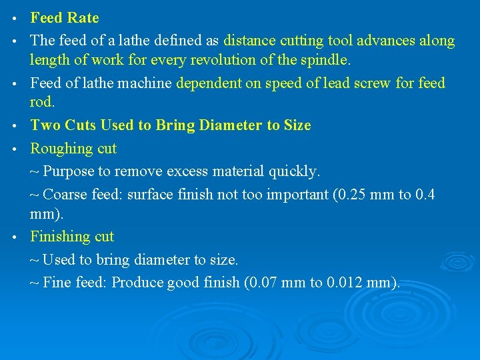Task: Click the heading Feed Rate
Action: point(65,18)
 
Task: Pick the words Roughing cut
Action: point(73,148)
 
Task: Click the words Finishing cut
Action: point(72,237)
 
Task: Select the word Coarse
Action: point(65,195)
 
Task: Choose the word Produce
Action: point(138,283)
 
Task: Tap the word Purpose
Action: point(69,171)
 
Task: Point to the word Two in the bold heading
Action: point(45,125)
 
